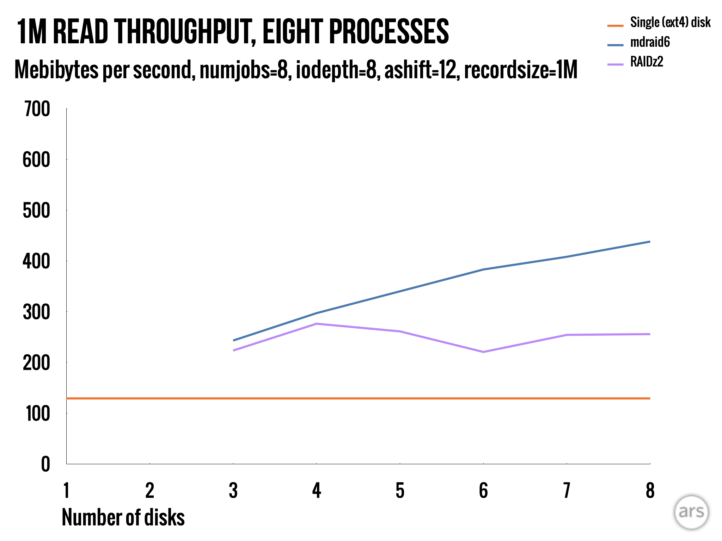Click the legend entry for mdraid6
pos(649,42)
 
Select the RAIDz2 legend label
pos(646,62)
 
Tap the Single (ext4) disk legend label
pos(670,23)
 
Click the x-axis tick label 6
pos(483,490)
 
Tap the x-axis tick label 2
pos(150,490)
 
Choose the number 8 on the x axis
pos(650,490)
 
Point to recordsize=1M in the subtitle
pos(520,70)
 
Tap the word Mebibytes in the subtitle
pos(56,70)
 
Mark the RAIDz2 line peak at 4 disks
pos(317,324)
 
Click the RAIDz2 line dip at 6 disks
pos(483,352)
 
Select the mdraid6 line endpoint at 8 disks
pos(649,242)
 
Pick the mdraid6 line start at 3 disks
pos(233,340)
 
